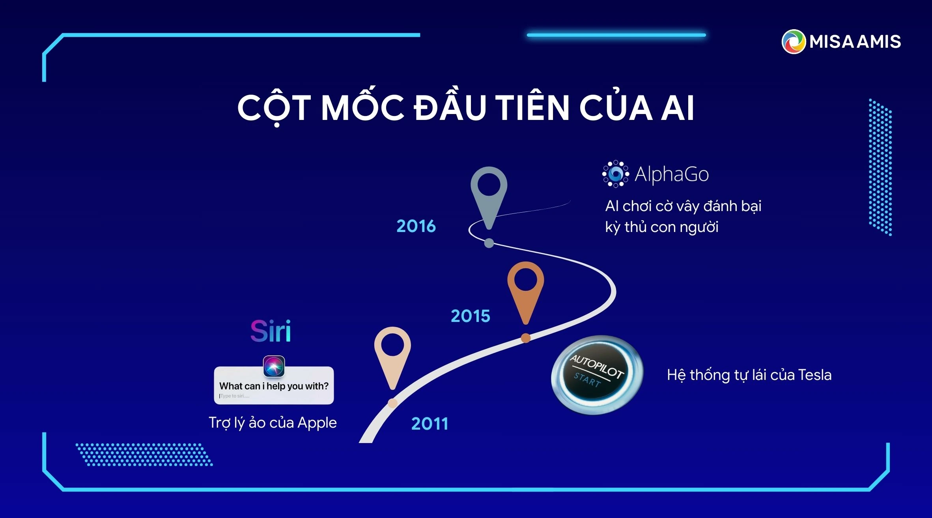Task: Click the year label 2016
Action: click(416, 226)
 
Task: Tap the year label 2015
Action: click(471, 316)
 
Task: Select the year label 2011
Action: click(430, 424)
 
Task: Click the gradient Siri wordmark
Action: click(271, 331)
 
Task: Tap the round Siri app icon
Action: click(274, 366)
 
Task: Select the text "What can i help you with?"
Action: click(274, 386)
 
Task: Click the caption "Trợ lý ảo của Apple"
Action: click(273, 423)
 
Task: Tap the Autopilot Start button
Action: click(597, 374)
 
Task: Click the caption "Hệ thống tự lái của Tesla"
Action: click(749, 375)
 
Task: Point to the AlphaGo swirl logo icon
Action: click(615, 174)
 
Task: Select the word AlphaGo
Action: click(671, 174)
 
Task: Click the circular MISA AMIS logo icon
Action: click(793, 41)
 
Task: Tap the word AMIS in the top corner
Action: click(878, 41)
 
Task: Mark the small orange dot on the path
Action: click(525, 338)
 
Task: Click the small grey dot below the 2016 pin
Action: click(489, 243)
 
